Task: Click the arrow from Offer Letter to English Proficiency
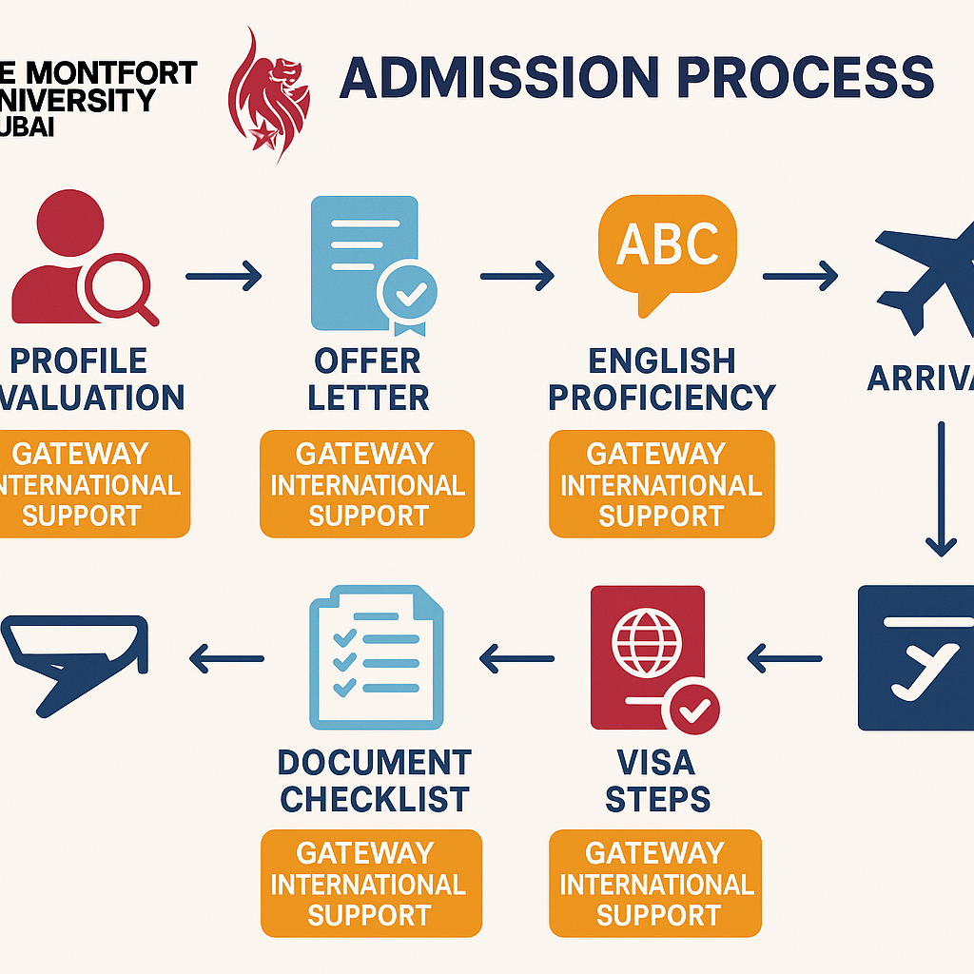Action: pyautogui.click(x=516, y=277)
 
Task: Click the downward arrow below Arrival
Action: pyautogui.click(x=941, y=489)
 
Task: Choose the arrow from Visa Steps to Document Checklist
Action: pyautogui.click(x=516, y=657)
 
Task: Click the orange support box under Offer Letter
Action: pyautogui.click(x=367, y=484)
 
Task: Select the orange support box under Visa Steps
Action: pyautogui.click(x=655, y=884)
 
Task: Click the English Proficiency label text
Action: pyautogui.click(x=662, y=379)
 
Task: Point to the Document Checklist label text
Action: pyautogui.click(x=375, y=780)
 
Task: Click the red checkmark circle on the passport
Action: pyautogui.click(x=694, y=710)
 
